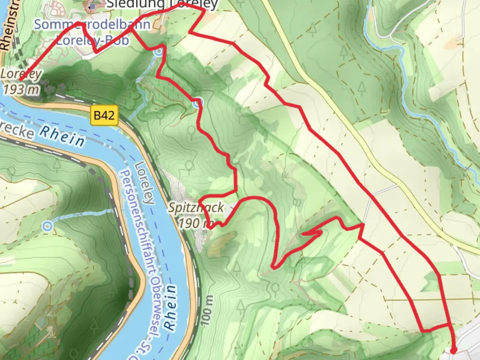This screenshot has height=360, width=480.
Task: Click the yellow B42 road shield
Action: (x=104, y=115)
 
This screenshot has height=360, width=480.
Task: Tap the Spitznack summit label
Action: (x=196, y=208)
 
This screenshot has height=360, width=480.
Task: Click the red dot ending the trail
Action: (x=453, y=350)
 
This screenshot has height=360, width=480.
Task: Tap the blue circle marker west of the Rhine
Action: (x=47, y=226)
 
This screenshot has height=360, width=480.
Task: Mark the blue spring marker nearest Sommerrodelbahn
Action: (x=159, y=51)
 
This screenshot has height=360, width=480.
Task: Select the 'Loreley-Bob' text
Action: (x=92, y=40)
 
